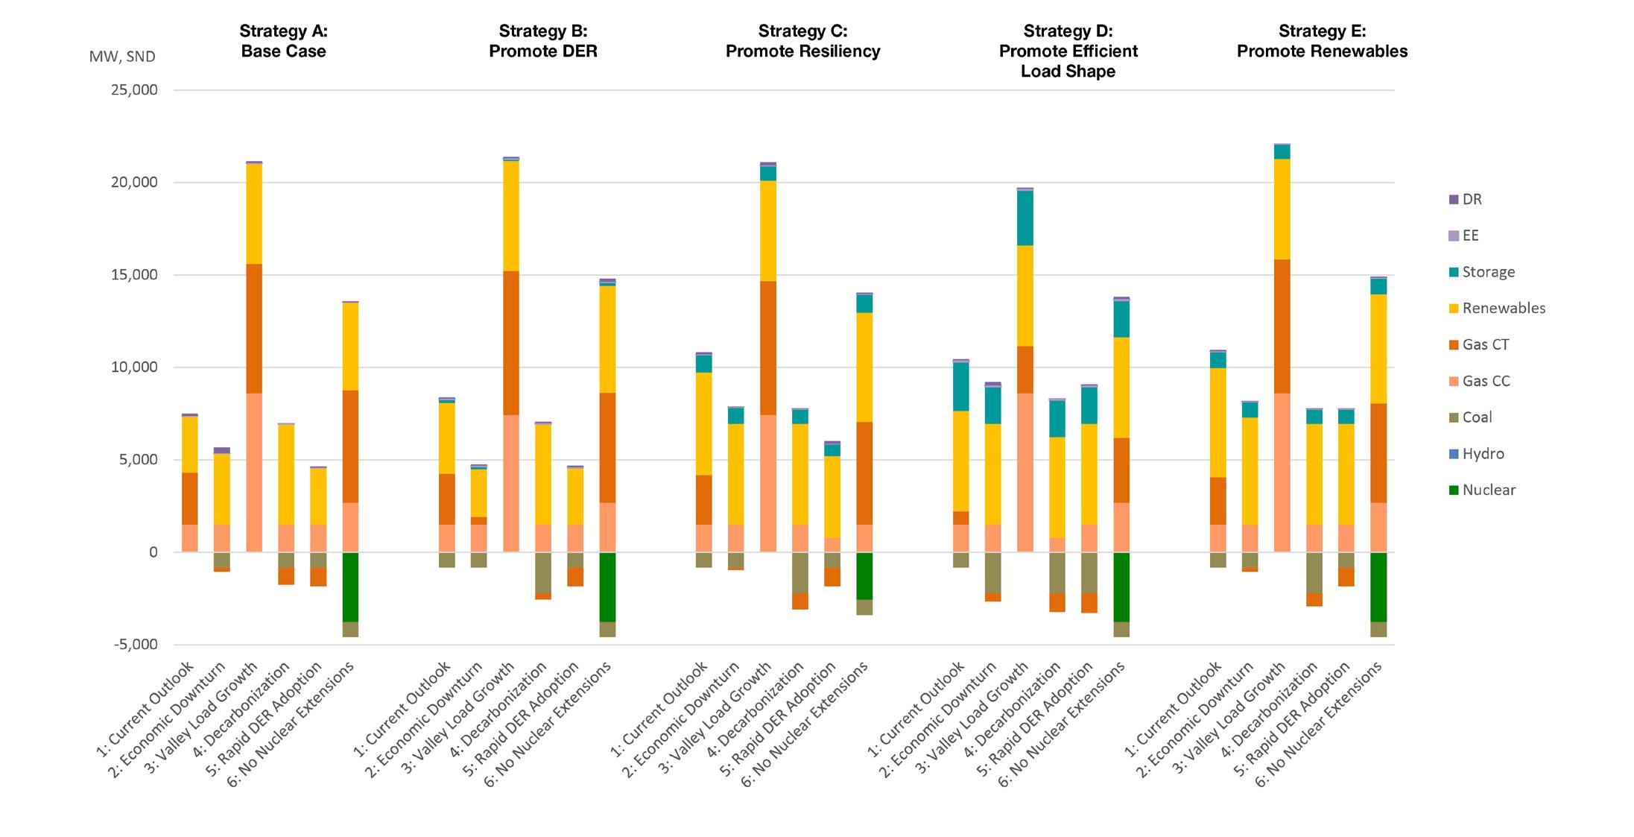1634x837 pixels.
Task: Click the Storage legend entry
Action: [1487, 272]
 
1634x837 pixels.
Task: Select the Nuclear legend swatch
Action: [1452, 490]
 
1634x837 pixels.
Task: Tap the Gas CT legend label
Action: [1486, 344]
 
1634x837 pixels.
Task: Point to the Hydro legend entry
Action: [1482, 454]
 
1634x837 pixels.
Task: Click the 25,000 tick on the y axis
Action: [134, 90]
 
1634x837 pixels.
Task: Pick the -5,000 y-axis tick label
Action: [136, 645]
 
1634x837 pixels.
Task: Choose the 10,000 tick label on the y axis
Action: [134, 367]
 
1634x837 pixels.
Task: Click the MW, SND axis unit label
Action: [122, 57]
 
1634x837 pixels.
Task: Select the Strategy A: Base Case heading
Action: [283, 41]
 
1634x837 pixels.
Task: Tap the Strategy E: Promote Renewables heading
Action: [1322, 41]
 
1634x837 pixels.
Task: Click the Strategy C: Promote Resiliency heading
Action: [802, 41]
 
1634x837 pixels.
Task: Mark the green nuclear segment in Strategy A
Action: [350, 587]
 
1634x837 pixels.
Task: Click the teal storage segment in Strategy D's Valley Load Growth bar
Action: [1025, 218]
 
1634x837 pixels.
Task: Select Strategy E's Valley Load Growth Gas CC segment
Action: [1282, 473]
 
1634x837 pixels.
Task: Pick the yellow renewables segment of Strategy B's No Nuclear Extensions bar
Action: [607, 339]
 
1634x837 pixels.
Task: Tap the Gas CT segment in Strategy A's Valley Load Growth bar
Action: [253, 329]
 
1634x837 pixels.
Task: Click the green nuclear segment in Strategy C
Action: [864, 576]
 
